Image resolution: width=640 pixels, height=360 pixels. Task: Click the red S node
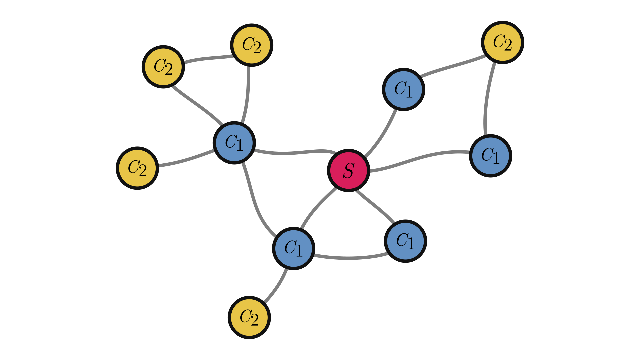[x=348, y=170]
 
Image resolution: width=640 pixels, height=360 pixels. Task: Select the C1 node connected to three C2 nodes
[x=234, y=143]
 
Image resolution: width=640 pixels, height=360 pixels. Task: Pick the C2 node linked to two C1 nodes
[x=503, y=42]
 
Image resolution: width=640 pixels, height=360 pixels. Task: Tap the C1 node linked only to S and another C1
[x=405, y=241]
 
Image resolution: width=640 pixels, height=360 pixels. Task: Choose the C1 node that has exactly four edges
[x=293, y=248]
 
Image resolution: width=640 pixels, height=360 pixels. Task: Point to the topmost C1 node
[x=403, y=89]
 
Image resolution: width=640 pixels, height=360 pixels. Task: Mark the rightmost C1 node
[x=490, y=156]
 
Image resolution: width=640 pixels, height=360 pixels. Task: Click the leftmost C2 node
[x=137, y=168]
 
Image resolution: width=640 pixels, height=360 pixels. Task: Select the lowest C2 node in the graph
[x=249, y=317]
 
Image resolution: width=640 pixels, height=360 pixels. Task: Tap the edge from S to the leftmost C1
[x=293, y=153]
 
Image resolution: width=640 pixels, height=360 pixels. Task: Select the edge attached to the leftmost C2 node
[x=187, y=160]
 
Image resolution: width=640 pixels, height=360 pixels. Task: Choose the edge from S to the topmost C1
[x=383, y=133]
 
